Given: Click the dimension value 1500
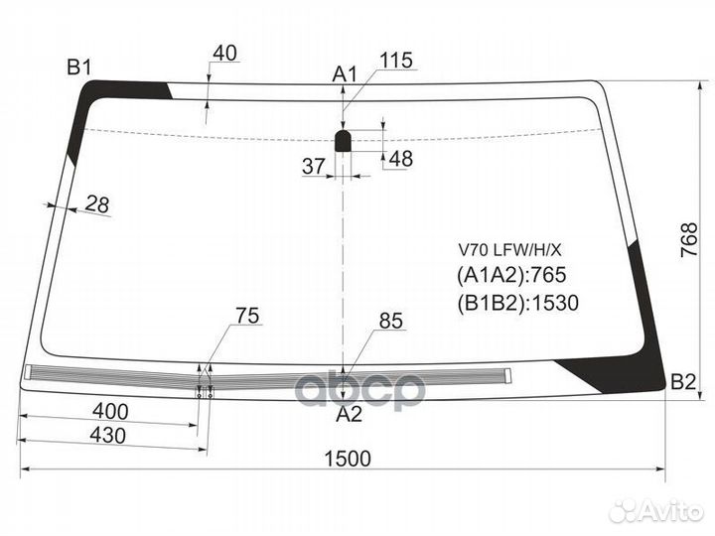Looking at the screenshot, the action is [x=348, y=459].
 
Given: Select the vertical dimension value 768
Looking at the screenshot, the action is [x=689, y=240].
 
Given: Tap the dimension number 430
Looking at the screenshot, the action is [x=107, y=436].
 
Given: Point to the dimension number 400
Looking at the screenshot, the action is [x=110, y=412].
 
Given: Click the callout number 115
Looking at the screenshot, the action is [x=396, y=61].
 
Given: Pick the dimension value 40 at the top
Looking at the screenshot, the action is [x=225, y=53].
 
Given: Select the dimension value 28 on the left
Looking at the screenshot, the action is [x=97, y=203].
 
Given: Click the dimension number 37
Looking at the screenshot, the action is [x=314, y=167].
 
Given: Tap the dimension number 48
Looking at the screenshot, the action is [x=401, y=159].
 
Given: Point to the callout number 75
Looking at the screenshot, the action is [x=247, y=316].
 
